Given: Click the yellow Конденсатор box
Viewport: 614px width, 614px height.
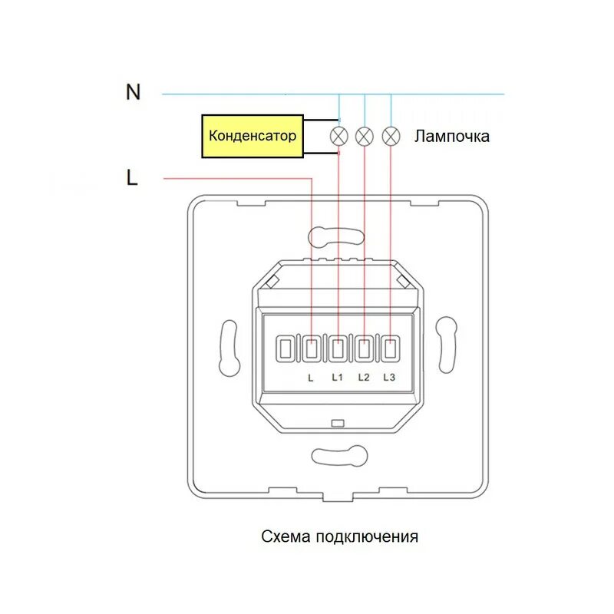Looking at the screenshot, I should [252, 137].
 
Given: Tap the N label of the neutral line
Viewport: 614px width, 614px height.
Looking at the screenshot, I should [134, 92].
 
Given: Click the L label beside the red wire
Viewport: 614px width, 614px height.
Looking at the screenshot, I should [132, 178].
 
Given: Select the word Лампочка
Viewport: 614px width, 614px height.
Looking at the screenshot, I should [451, 137].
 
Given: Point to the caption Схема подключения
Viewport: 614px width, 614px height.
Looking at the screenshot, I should [339, 536].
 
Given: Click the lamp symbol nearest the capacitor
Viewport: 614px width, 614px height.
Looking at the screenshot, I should [338, 137].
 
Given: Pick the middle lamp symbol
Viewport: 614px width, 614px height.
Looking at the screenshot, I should [365, 137].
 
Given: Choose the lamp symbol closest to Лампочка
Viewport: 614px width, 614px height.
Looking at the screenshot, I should [391, 137].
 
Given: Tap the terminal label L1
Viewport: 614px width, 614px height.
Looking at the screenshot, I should [338, 378].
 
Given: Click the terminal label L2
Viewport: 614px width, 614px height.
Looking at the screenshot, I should [364, 378].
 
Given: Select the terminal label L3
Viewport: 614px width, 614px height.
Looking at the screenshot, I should [388, 378].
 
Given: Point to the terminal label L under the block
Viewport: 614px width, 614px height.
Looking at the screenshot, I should [311, 378].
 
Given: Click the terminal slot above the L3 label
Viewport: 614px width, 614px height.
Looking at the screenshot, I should [390, 349].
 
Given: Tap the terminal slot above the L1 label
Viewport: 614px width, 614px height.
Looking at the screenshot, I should [338, 349].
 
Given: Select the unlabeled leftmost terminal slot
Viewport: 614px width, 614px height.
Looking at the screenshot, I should [286, 349].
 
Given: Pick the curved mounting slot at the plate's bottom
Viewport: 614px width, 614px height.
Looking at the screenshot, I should [338, 454].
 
